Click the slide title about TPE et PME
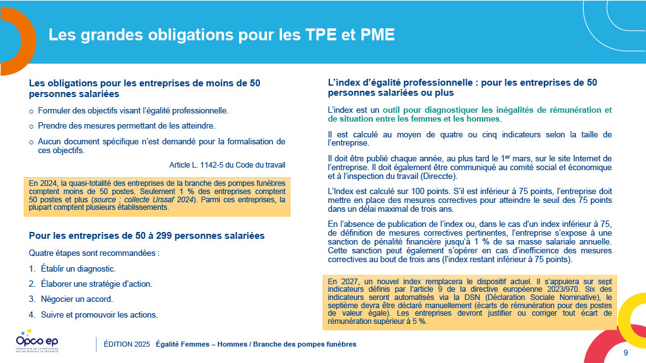221,35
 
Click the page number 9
625,352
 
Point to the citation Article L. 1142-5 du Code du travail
227,164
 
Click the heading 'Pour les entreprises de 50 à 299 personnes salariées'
146,236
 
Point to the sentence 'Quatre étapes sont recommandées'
86,253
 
